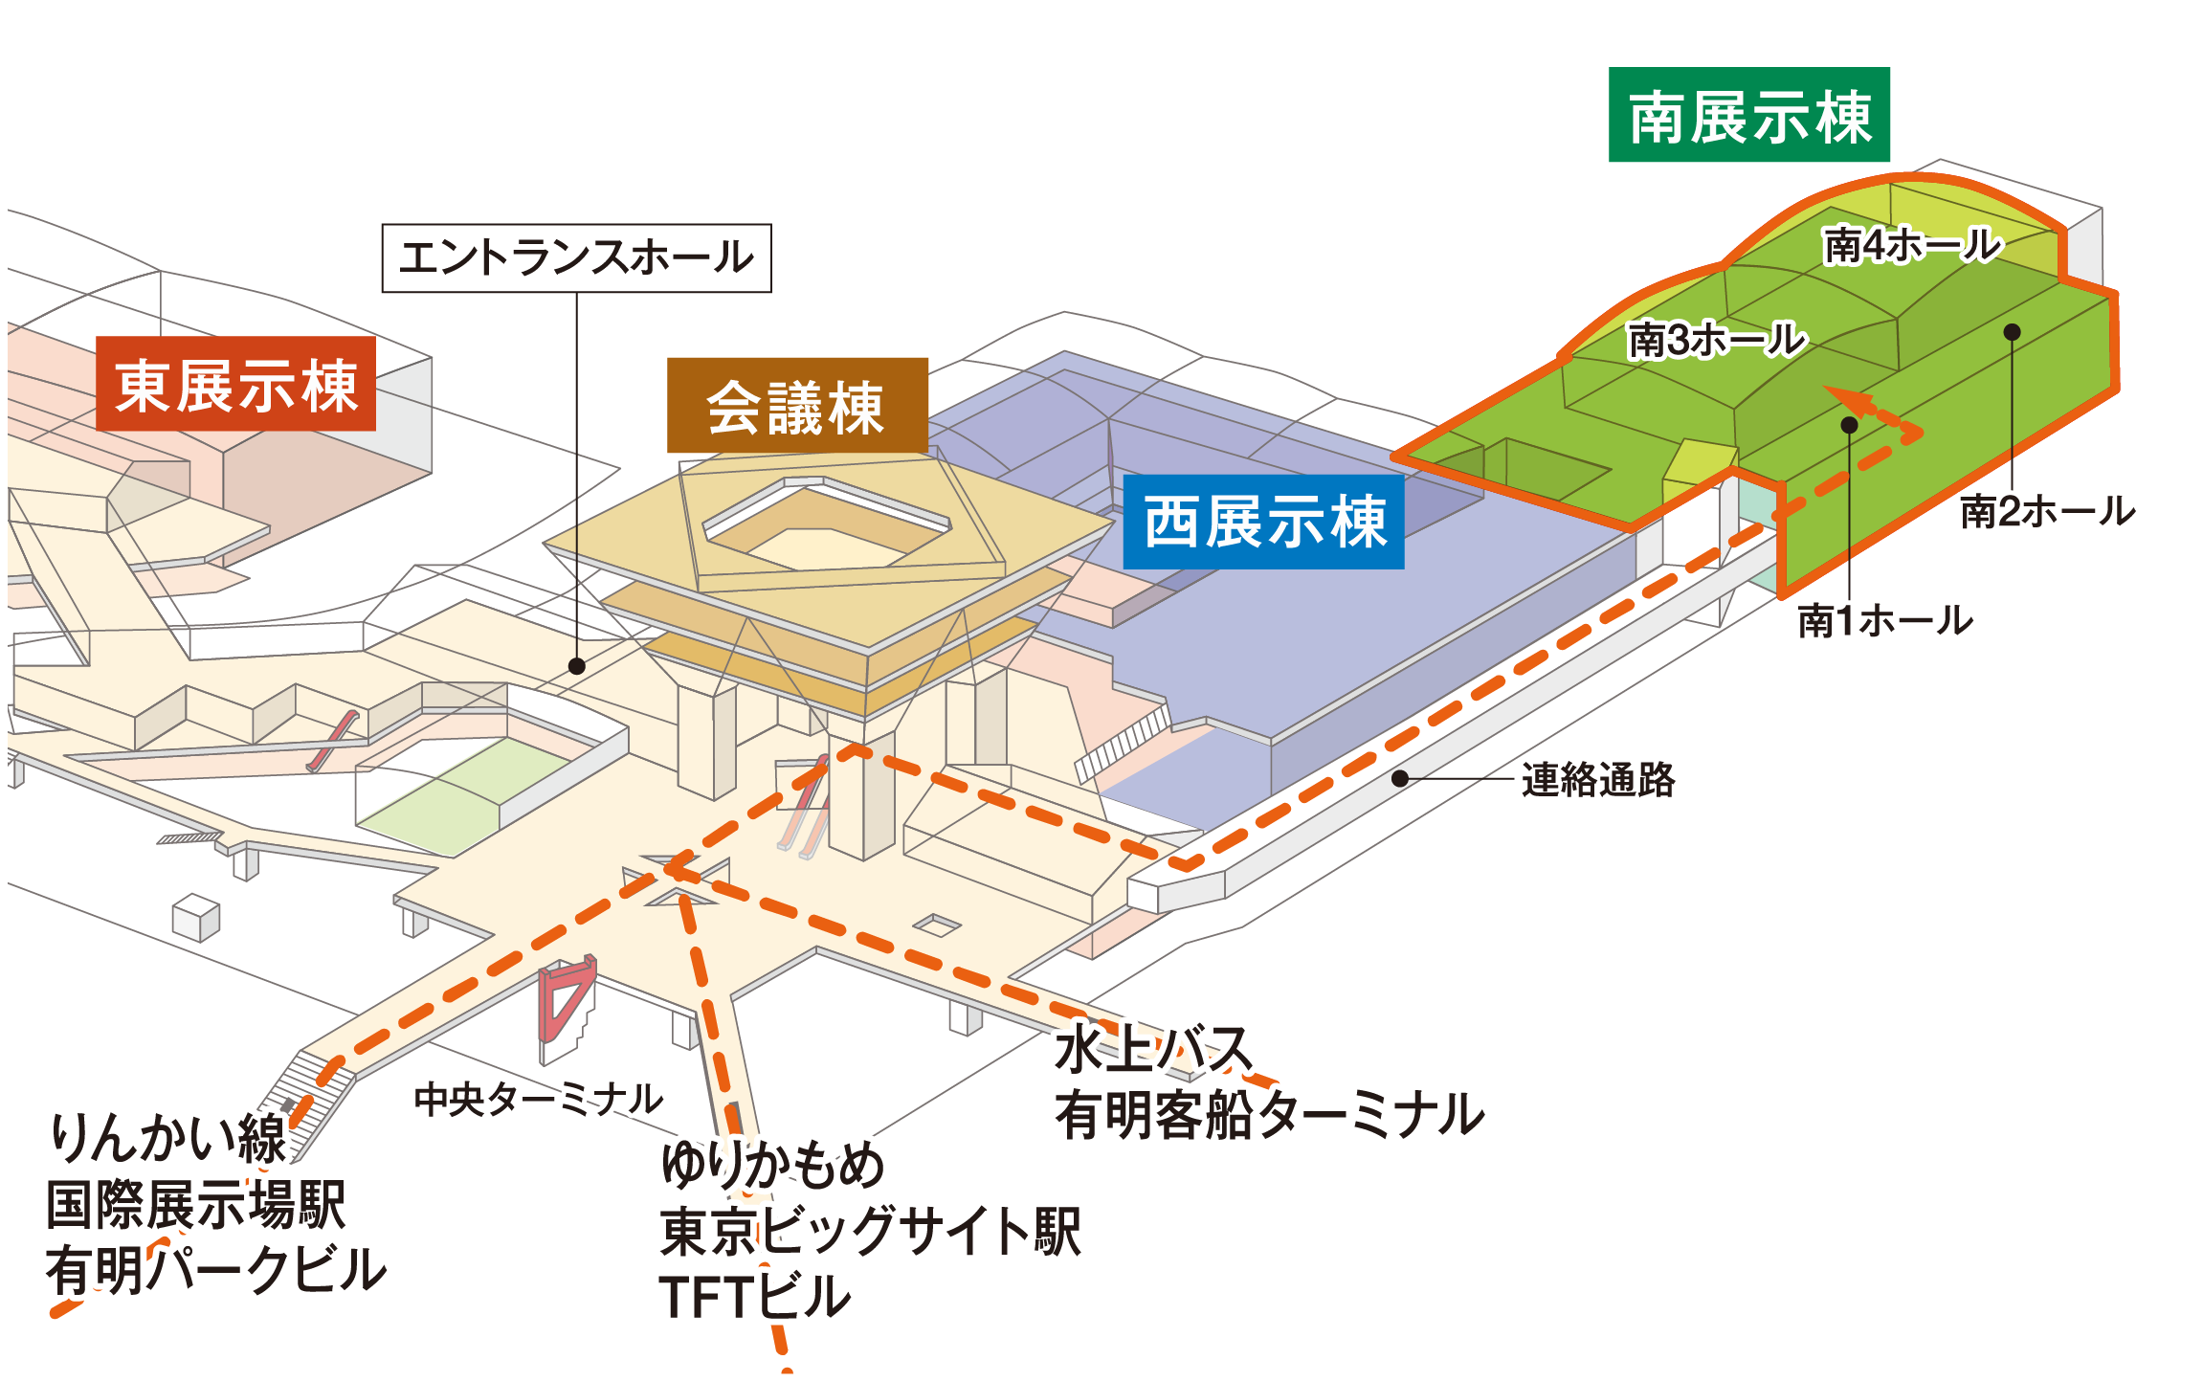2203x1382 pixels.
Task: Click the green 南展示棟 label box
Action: [x=1748, y=115]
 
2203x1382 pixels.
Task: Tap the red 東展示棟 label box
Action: [x=235, y=384]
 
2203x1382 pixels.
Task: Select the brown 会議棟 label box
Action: [x=796, y=406]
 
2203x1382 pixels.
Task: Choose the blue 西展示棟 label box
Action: [x=1263, y=522]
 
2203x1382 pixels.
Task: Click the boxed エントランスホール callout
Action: [x=576, y=257]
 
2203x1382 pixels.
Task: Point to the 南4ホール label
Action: [x=1911, y=245]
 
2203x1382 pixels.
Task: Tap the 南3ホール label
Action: [x=1716, y=340]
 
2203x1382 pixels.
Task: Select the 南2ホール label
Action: [x=2047, y=512]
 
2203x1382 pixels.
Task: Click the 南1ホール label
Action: [x=1884, y=621]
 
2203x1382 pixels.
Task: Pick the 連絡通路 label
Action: [x=1597, y=780]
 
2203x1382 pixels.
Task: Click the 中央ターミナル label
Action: [x=538, y=1099]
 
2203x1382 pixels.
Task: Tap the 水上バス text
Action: [x=1153, y=1049]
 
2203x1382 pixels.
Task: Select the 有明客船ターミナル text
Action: [x=1269, y=1115]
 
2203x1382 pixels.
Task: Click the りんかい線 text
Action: [x=168, y=1138]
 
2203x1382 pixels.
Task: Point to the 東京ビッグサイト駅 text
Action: [x=870, y=1231]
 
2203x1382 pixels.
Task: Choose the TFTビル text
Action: [x=754, y=1297]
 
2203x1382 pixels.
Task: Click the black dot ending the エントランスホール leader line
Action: [x=576, y=666]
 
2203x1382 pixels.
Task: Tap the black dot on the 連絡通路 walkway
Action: [x=1399, y=779]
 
